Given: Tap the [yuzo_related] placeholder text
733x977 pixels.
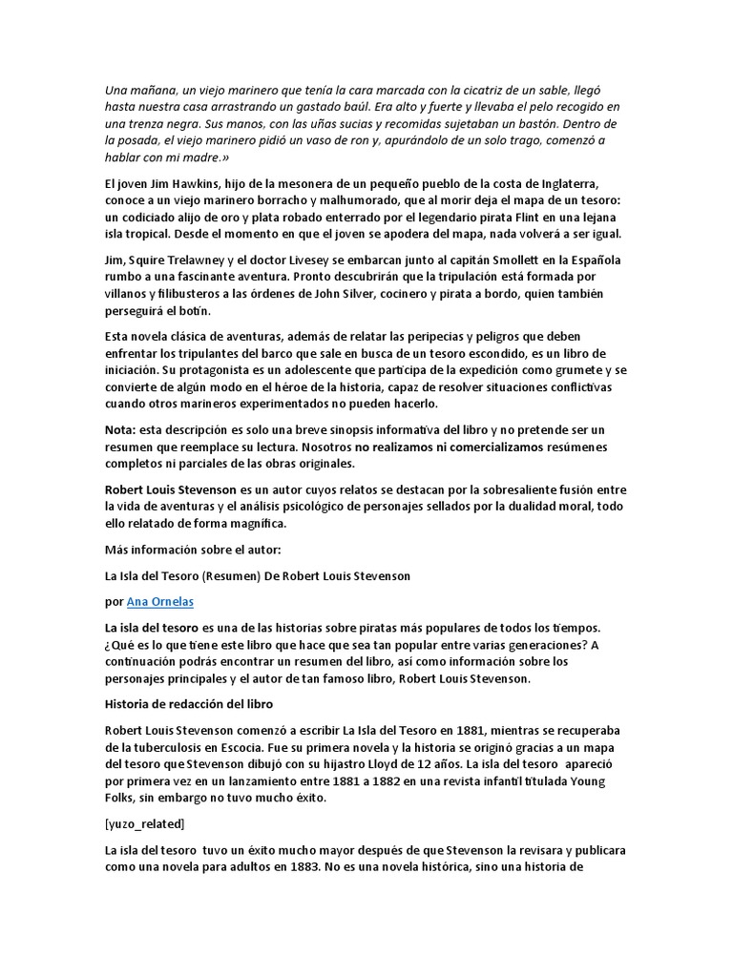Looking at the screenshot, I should pos(145,822).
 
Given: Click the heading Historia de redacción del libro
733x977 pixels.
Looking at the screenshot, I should pos(189,704).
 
